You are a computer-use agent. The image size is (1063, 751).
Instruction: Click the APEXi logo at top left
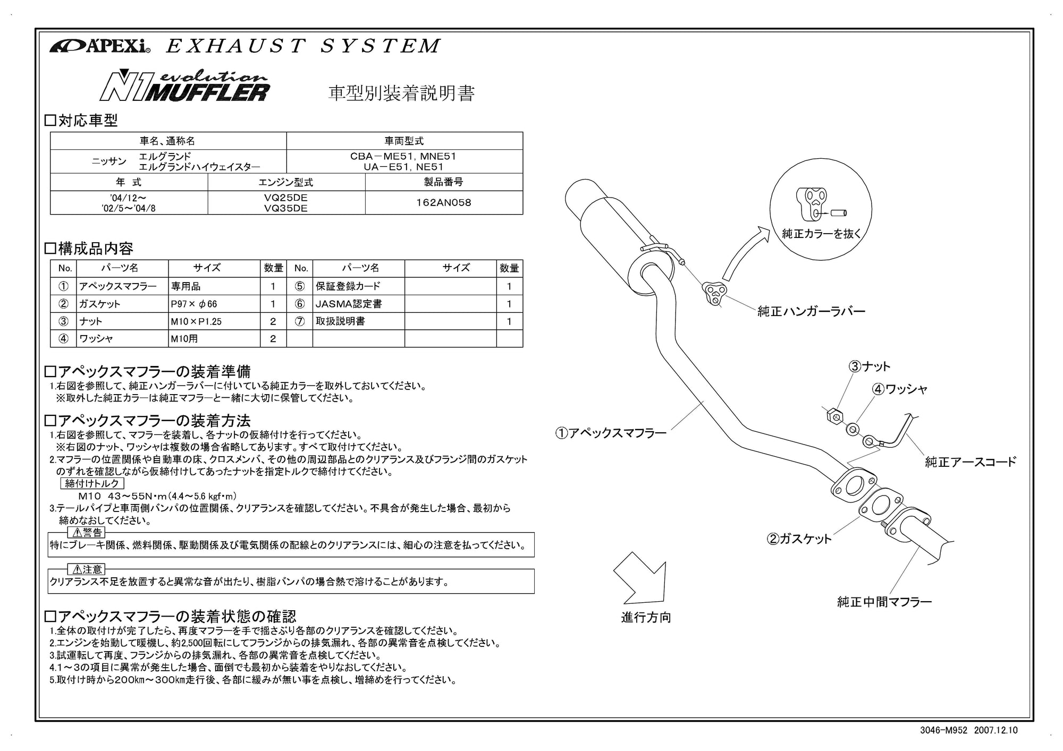[100, 47]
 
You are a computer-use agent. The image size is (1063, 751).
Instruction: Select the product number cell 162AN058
[443, 202]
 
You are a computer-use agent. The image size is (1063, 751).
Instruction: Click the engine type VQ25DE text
[286, 198]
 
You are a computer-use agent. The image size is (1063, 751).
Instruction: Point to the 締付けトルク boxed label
[92, 483]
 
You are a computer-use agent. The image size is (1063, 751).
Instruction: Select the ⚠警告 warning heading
[87, 532]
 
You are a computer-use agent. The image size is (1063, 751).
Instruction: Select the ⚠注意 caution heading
[87, 569]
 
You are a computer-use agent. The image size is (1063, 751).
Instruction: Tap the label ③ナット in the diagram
[869, 366]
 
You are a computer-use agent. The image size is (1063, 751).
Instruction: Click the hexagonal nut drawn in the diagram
[833, 415]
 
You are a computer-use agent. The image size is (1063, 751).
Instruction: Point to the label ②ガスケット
[799, 539]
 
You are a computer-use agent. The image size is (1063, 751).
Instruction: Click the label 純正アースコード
[970, 462]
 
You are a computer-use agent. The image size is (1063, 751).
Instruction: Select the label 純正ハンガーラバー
[811, 311]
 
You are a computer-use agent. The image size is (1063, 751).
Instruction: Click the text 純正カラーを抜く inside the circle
[821, 233]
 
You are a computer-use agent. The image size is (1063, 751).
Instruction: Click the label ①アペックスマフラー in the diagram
[611, 433]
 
